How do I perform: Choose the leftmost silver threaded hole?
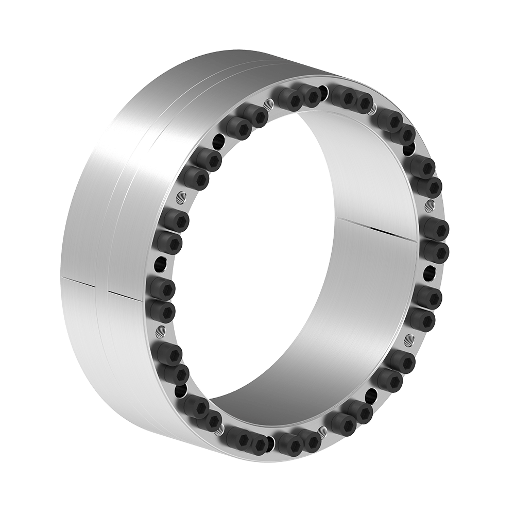click(160, 330)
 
